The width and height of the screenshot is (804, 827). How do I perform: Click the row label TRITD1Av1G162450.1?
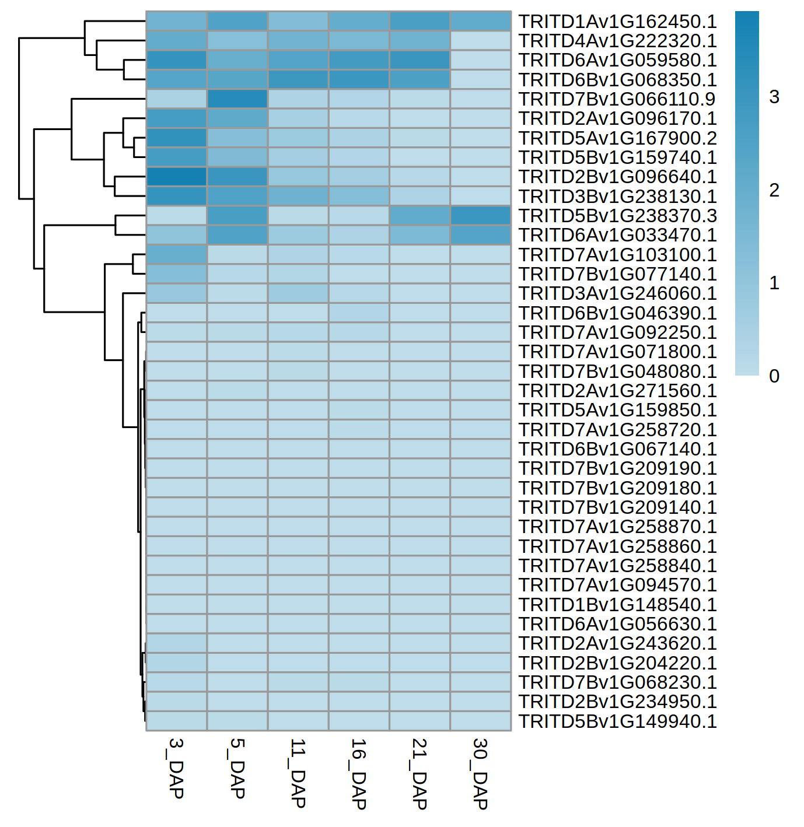617,22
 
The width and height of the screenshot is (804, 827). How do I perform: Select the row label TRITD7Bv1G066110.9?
617,99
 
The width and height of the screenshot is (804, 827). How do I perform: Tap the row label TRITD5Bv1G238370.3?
617,216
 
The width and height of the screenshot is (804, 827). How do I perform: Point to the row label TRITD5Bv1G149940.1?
617,721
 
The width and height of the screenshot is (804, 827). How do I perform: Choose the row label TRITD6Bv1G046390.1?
617,313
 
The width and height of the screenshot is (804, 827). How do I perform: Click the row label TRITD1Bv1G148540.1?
617,605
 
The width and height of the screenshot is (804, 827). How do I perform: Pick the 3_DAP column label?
176,768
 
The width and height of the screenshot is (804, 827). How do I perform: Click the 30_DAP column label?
480,773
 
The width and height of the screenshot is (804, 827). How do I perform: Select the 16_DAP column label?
358,773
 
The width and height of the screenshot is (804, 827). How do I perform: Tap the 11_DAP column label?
298,773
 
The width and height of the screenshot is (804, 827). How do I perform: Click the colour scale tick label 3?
774,97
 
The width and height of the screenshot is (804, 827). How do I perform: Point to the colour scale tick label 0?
774,376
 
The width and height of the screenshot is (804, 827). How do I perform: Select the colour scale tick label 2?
774,190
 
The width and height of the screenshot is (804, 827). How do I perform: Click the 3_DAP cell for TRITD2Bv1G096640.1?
176,177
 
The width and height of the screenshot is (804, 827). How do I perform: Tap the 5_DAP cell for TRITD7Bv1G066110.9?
237,99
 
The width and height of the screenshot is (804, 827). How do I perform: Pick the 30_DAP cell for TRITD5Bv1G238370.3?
480,216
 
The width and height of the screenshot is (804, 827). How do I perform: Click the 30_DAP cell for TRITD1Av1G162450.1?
480,22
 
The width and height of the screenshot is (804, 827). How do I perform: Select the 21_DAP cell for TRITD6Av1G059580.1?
420,60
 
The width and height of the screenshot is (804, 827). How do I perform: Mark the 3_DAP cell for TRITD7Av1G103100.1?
176,255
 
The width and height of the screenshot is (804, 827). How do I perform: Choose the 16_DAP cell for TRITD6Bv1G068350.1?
359,80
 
